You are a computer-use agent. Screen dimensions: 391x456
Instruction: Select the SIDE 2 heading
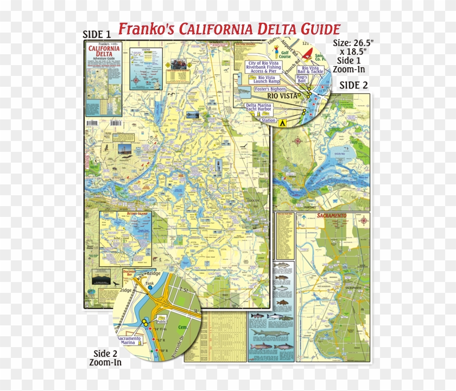click(x=353, y=85)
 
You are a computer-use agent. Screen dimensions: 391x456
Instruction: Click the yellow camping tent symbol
click(x=282, y=123)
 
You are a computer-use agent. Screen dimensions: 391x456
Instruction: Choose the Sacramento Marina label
click(x=130, y=340)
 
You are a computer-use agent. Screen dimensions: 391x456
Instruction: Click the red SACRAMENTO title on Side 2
click(x=331, y=216)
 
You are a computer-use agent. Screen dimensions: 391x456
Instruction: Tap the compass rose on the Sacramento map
click(x=364, y=220)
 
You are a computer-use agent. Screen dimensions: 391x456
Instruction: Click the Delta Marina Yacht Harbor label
click(x=259, y=108)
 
